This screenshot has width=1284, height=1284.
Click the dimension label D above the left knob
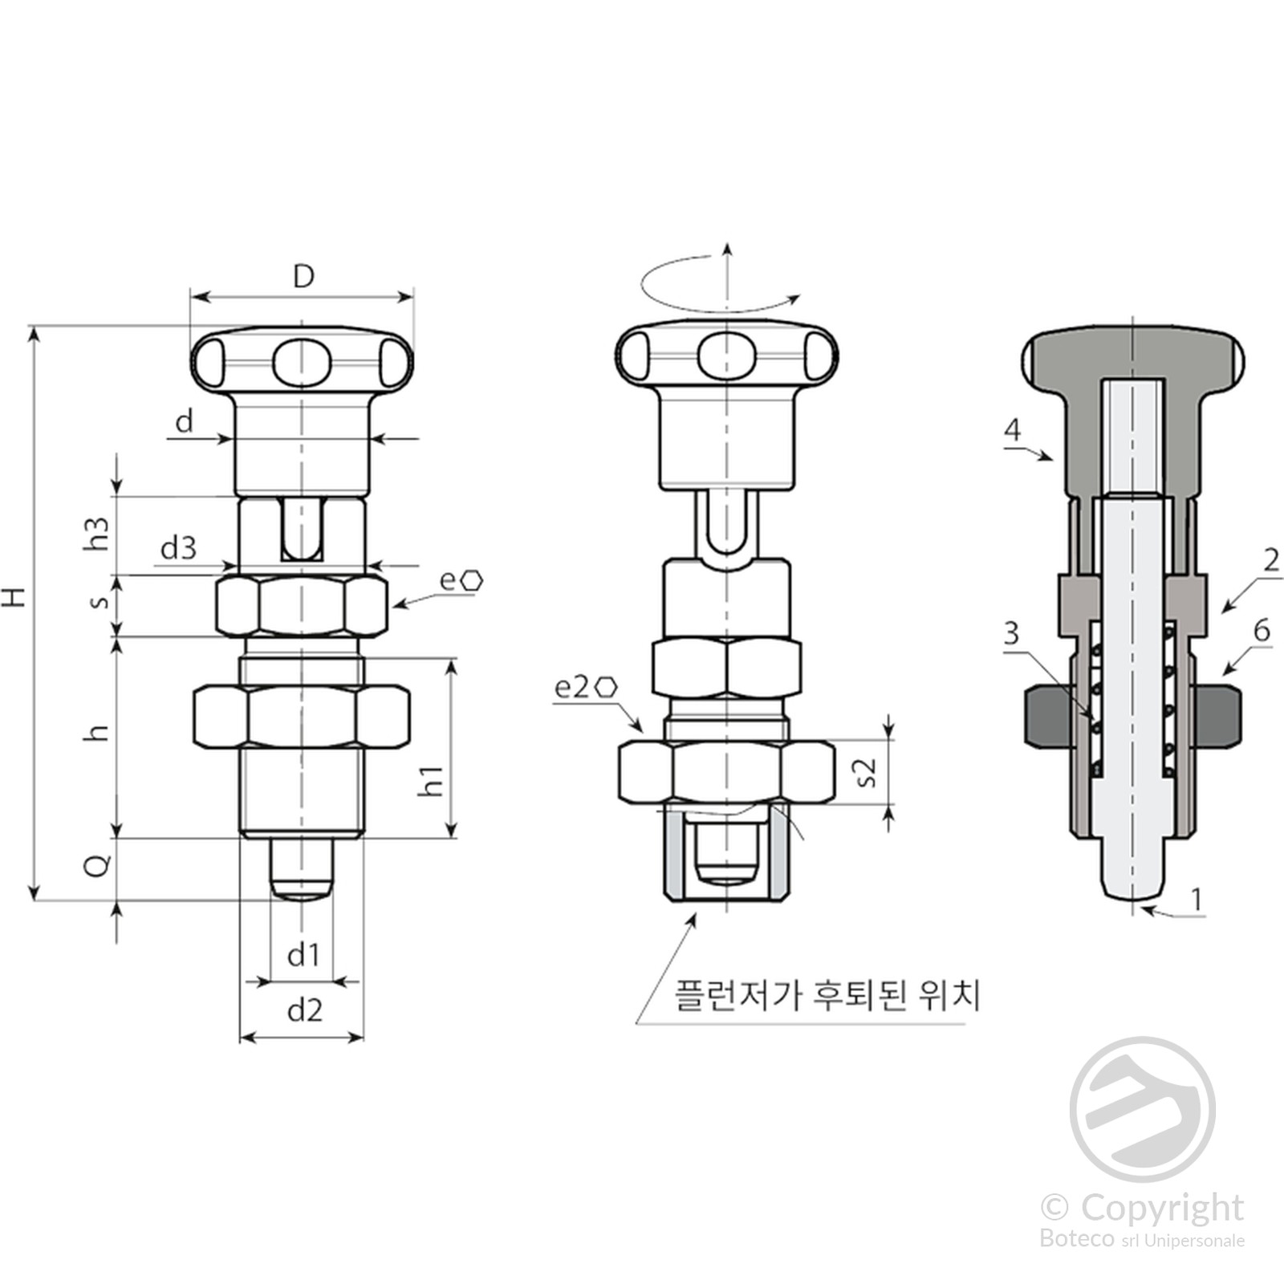pyautogui.click(x=303, y=277)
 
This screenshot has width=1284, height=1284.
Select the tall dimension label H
pyautogui.click(x=15, y=596)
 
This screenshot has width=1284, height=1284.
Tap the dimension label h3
pyautogui.click(x=96, y=533)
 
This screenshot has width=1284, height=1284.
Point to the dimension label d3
pyautogui.click(x=178, y=548)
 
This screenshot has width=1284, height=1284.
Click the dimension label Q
pyautogui.click(x=97, y=865)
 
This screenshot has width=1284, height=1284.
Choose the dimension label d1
pyautogui.click(x=303, y=955)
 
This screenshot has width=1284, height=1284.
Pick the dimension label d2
pyautogui.click(x=304, y=1010)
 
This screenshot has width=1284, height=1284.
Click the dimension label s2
pyautogui.click(x=868, y=772)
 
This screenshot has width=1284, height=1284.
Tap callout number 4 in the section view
pyautogui.click(x=1013, y=430)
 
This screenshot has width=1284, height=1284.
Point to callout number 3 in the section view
pyautogui.click(x=1011, y=633)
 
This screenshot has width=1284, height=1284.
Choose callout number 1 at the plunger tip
pyautogui.click(x=1197, y=899)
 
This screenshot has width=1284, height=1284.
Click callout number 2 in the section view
pyautogui.click(x=1270, y=559)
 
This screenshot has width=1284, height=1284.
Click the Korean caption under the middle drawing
pyautogui.click(x=827, y=996)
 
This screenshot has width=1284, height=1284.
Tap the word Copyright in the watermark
pyautogui.click(x=1161, y=1208)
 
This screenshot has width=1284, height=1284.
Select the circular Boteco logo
pyautogui.click(x=1142, y=1110)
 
